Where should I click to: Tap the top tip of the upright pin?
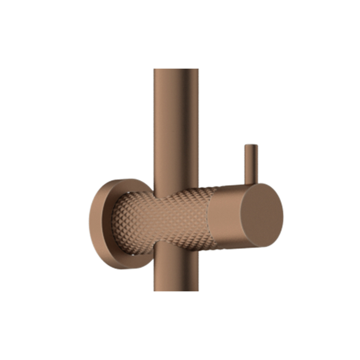251,145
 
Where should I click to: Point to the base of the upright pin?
251,182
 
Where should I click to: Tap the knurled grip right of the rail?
203,216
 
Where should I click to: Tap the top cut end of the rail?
176,69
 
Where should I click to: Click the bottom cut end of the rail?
176,290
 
